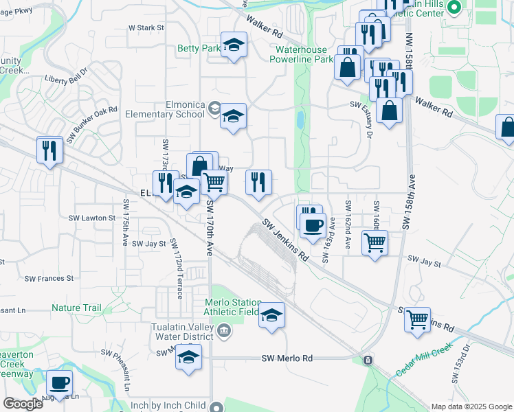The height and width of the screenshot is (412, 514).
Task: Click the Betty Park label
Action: (199, 49)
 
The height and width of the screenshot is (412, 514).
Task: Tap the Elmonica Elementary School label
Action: (171, 110)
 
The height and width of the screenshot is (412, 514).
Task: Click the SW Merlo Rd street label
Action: (287, 358)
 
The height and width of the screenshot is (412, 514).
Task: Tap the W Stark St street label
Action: (147, 28)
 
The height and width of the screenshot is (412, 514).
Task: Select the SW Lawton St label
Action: (91, 218)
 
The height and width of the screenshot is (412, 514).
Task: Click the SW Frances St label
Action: (49, 278)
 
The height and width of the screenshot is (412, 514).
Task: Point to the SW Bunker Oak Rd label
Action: (93, 124)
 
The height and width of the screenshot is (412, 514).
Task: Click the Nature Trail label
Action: (76, 308)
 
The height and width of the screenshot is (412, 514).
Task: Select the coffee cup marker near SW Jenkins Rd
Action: (313, 225)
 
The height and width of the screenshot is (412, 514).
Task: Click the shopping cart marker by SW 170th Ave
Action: (214, 183)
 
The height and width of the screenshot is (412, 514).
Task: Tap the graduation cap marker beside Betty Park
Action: (234, 45)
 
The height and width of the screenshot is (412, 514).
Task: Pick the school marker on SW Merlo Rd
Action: (188, 358)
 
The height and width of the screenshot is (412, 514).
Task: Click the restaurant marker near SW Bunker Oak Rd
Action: (49, 149)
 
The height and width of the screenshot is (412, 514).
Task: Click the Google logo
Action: (23, 403)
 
